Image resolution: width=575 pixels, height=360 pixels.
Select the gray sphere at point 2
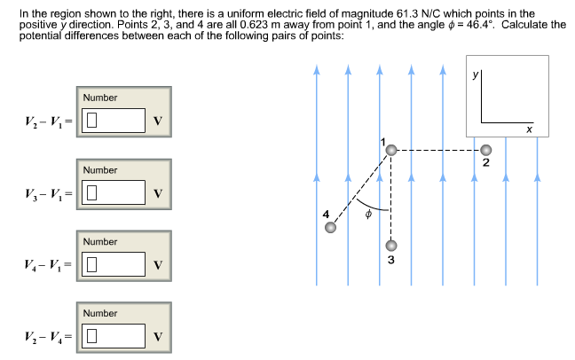click(484, 150)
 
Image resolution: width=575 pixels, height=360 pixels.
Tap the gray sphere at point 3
click(390, 246)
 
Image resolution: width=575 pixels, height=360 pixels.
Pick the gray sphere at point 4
click(331, 228)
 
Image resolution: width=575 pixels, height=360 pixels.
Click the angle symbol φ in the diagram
click(366, 214)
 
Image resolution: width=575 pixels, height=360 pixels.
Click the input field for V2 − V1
click(114, 121)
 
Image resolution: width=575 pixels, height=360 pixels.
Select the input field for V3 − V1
click(114, 192)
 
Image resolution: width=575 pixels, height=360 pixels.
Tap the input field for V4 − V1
click(114, 264)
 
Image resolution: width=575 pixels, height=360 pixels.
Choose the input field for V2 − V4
click(114, 336)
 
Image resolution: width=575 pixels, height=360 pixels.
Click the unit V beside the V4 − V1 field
click(157, 265)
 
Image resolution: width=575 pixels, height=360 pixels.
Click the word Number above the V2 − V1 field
click(100, 98)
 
